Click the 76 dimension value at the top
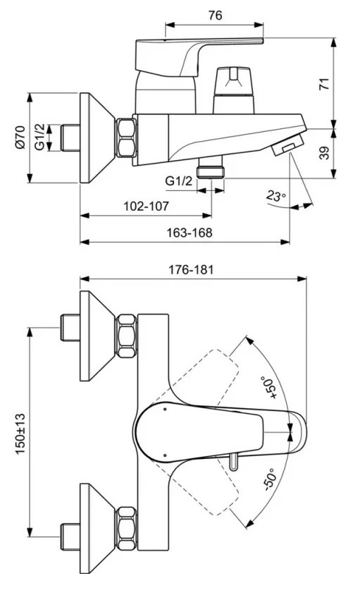[215, 16]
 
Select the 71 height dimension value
[324, 84]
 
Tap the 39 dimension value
[324, 153]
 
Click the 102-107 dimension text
[146, 207]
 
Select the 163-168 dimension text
[190, 233]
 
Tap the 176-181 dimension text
[191, 269]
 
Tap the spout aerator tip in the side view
[289, 145]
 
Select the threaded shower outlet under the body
[211, 168]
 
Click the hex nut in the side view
[126, 137]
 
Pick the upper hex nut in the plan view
[126, 336]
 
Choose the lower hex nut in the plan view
[126, 529]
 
